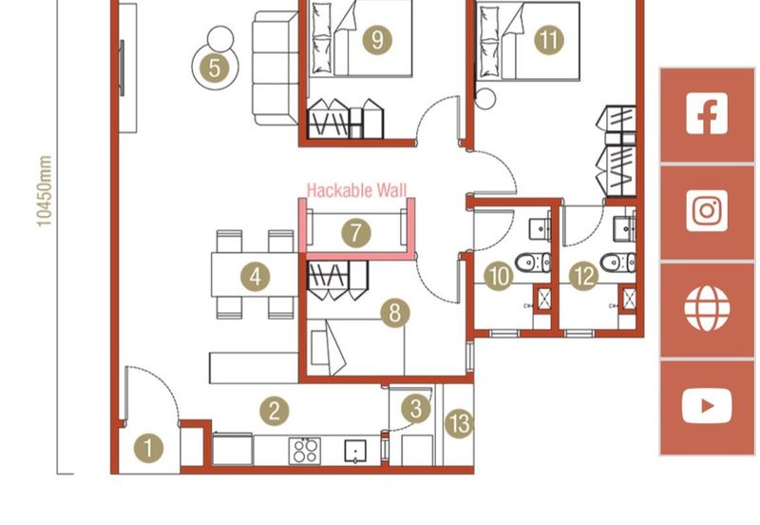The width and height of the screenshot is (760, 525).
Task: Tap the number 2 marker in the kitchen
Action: tap(274, 411)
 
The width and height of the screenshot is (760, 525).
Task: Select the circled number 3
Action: tap(415, 410)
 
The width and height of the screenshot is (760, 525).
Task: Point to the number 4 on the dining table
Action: tap(255, 278)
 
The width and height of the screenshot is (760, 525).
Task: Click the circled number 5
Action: tap(214, 68)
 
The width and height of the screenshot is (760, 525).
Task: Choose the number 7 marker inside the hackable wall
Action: tap(354, 232)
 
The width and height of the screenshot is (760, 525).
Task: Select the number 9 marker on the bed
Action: tap(377, 40)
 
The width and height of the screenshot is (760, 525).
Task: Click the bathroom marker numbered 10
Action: tap(498, 277)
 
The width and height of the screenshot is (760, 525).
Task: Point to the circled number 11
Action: tap(548, 40)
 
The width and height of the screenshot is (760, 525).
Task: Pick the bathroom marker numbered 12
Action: tap(582, 277)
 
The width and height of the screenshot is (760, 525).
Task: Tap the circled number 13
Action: tap(459, 423)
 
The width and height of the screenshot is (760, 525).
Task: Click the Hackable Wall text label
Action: tap(355, 191)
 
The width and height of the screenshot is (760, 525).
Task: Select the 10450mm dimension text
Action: tap(44, 193)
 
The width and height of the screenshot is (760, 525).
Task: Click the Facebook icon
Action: tap(707, 115)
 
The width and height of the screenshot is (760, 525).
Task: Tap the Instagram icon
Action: tap(707, 211)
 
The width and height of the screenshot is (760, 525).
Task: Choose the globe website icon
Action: tap(707, 308)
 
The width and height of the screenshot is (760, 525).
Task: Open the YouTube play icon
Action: tap(707, 405)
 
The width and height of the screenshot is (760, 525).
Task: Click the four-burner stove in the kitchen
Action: tap(306, 449)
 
